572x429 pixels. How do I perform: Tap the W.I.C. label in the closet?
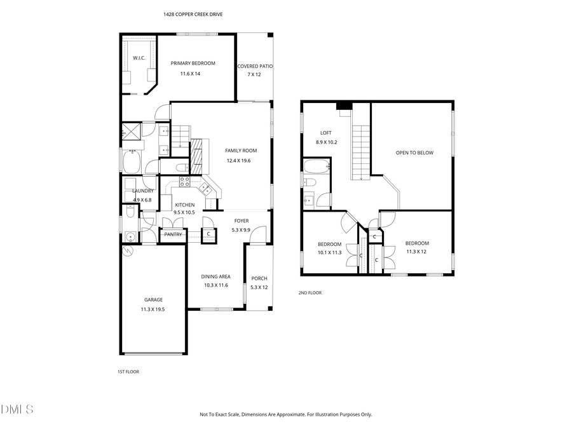point(139,58)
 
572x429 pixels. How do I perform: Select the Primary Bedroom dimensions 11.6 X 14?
point(190,74)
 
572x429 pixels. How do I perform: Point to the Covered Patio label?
point(255,66)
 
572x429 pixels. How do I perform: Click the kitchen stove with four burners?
point(186,181)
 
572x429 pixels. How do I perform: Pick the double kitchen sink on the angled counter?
point(206,187)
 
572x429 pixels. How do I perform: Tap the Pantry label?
point(174,235)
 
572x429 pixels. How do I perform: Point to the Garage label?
point(153,300)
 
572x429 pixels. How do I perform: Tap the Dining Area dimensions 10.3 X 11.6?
point(215,285)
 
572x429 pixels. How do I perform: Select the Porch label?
point(259,278)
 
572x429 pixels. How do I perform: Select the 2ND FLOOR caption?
point(310,293)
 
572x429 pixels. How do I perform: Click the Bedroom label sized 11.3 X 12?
point(417,243)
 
